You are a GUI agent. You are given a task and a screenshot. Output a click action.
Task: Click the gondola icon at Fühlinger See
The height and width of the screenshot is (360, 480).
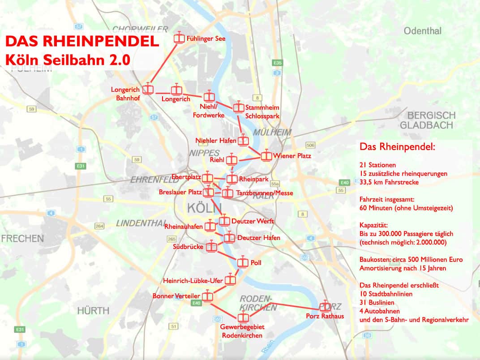pos(179,38)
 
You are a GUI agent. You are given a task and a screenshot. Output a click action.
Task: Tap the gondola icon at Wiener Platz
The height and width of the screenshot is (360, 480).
pos(266,156)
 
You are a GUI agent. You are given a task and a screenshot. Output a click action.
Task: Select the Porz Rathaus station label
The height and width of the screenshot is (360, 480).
pos(325,317)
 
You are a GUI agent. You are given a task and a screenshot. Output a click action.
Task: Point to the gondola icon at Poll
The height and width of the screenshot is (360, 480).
pos(243,262)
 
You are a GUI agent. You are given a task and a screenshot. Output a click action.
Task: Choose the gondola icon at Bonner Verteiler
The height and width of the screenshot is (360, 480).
pos(207,296)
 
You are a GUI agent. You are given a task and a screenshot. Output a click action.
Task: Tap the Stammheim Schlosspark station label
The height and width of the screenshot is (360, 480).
pos(262,111)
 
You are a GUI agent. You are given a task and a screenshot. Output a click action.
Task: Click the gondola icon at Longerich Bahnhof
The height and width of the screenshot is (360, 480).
pos(148,90)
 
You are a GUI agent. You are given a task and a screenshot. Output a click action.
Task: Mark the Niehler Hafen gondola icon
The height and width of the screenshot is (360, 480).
pos(243,140)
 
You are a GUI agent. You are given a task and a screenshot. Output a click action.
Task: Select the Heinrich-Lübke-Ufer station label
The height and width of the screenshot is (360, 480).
pos(193,281)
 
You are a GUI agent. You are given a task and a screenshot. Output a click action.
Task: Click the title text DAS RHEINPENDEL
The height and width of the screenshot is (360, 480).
pos(82,42)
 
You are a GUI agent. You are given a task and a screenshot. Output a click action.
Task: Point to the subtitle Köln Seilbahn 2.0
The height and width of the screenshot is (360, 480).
pos(68,60)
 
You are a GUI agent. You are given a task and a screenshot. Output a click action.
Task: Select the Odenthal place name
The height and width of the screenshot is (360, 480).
pos(422,31)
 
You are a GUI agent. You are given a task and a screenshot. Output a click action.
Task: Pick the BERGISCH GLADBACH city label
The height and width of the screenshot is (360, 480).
pos(427,120)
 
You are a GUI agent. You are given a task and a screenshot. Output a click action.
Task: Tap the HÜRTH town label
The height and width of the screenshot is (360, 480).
pos(93,310)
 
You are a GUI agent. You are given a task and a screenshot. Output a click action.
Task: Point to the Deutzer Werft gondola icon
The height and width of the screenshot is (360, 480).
pos(224,221)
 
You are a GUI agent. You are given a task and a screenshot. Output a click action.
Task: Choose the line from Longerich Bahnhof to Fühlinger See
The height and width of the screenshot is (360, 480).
pos(163,64)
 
